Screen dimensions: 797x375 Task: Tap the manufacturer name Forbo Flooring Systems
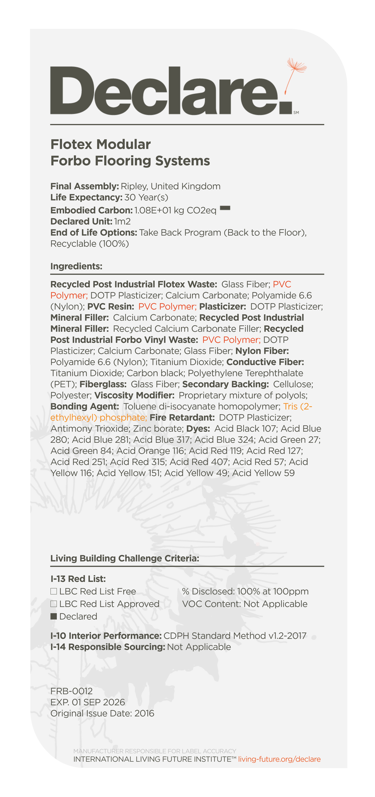click(130, 161)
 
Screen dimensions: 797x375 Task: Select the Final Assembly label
click(85, 186)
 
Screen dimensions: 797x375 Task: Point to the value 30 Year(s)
click(146, 197)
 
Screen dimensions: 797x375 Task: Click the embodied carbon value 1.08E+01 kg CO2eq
click(175, 210)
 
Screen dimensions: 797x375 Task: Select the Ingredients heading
click(76, 266)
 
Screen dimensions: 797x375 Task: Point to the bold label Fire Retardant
click(182, 418)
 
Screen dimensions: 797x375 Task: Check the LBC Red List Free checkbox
click(54, 591)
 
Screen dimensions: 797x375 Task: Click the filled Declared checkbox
click(54, 616)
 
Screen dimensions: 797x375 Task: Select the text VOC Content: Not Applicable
click(244, 604)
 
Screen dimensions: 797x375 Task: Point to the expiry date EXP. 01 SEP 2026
click(88, 702)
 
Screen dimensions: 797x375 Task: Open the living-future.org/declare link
click(279, 759)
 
